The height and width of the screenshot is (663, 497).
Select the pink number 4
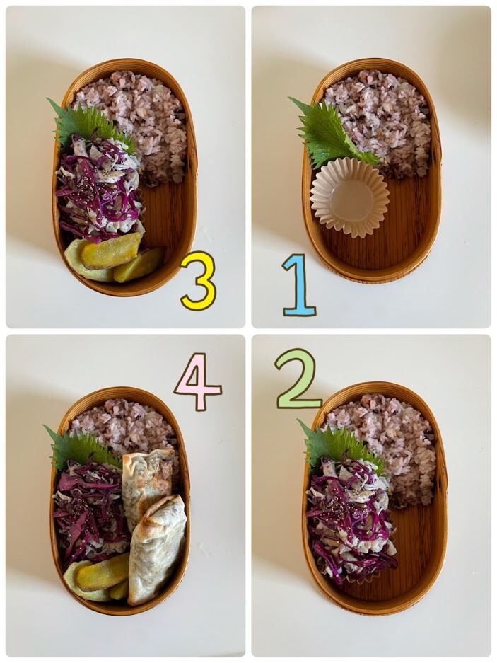tap(199, 382)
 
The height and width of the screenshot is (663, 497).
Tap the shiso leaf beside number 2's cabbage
tap(338, 444)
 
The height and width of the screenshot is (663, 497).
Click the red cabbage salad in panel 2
tap(350, 516)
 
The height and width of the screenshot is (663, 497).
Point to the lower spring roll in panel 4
tap(156, 550)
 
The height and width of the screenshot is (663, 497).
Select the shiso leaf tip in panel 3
tap(48, 100)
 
